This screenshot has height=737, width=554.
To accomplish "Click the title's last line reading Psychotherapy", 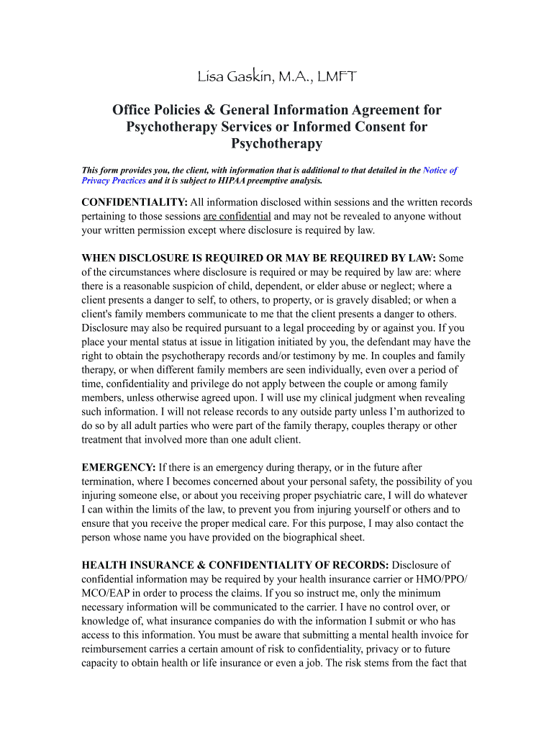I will tap(276, 143).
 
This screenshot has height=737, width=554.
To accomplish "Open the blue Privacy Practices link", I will tap(114, 181).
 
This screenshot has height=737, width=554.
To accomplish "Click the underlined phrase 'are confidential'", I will tap(237, 216).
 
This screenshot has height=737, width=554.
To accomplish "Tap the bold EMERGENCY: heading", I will tap(119, 467).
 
